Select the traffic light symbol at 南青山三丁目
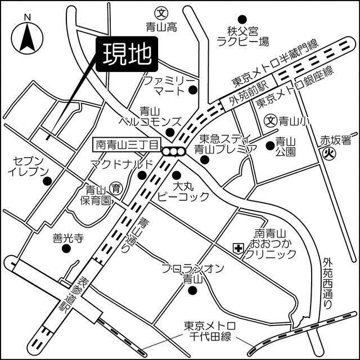173,151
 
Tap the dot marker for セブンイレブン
48,181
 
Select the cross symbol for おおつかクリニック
238,247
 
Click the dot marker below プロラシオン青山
192,291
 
